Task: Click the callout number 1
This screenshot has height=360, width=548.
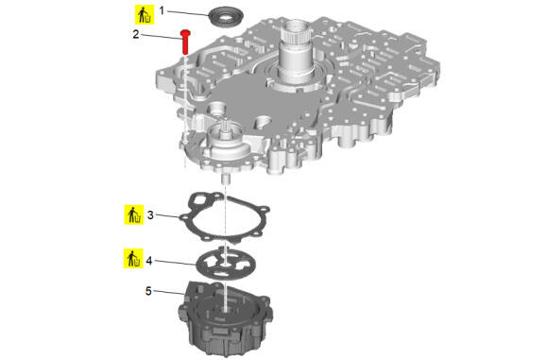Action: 162,10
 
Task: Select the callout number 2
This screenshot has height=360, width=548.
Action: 136,34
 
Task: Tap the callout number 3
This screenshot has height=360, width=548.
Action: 150,214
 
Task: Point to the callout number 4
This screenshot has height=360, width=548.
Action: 149,261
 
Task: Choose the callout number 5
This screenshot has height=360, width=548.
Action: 148,291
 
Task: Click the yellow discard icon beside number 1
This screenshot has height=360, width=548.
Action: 145,15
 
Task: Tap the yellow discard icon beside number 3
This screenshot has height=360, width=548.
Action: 134,214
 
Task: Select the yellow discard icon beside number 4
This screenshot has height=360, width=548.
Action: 133,258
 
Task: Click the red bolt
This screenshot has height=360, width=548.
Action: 185,42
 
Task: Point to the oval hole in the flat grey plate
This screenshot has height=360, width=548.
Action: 263,123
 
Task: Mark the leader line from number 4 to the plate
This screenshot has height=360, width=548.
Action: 176,263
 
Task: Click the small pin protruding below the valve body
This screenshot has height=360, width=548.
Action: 226,178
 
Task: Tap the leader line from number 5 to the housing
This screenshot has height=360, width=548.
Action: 168,292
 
